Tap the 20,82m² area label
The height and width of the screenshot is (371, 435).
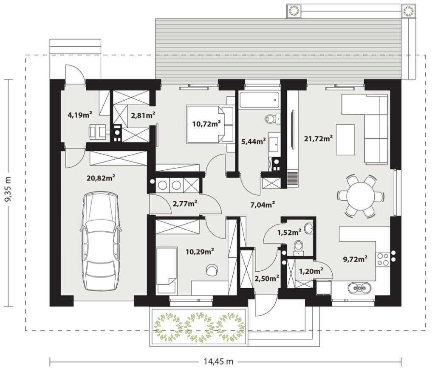click(x=101, y=178)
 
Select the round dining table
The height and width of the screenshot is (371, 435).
click(x=361, y=196)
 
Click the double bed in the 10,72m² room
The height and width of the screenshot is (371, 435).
click(x=210, y=124)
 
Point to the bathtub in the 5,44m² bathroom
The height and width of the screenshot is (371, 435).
click(x=259, y=100)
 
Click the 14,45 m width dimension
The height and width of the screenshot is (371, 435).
click(x=218, y=362)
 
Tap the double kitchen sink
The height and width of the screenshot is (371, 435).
click(x=359, y=288)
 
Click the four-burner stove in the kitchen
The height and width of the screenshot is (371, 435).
click(x=383, y=259)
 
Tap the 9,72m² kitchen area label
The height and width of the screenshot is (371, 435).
click(x=356, y=259)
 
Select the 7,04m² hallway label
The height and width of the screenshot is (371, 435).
click(x=263, y=205)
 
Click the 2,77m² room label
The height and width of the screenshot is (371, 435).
click(x=185, y=204)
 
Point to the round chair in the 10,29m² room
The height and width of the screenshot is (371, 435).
click(x=212, y=270)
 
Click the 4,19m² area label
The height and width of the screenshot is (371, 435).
click(x=80, y=115)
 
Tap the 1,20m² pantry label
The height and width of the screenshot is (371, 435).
click(x=311, y=271)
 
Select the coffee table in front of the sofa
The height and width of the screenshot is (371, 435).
click(x=345, y=140)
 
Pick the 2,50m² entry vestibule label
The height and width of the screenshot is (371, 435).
click(x=267, y=278)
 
